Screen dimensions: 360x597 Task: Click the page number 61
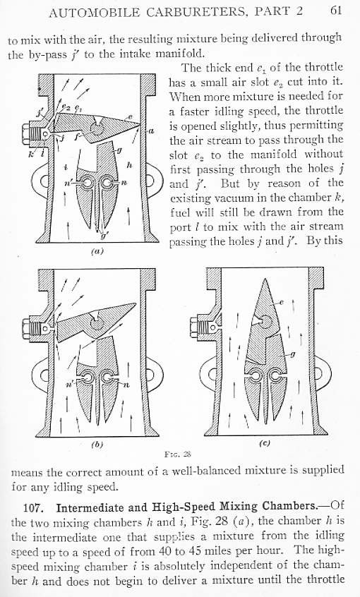tap(335, 11)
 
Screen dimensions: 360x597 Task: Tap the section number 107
tap(36, 508)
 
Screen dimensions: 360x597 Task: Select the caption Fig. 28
tap(178, 454)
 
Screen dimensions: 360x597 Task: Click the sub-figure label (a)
tap(97, 251)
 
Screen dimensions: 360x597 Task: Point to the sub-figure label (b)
tap(97, 444)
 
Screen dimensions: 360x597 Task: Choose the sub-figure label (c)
tap(265, 443)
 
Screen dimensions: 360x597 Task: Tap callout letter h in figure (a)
tap(129, 166)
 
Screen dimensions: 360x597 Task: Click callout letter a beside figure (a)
tap(151, 131)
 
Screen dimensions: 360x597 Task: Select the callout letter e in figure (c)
tap(282, 303)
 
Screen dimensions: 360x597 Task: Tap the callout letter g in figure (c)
tap(292, 354)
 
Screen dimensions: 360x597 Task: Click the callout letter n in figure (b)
tap(127, 385)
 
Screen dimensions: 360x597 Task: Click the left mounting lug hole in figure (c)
tap(203, 373)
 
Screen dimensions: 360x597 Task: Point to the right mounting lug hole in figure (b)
tap(148, 374)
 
